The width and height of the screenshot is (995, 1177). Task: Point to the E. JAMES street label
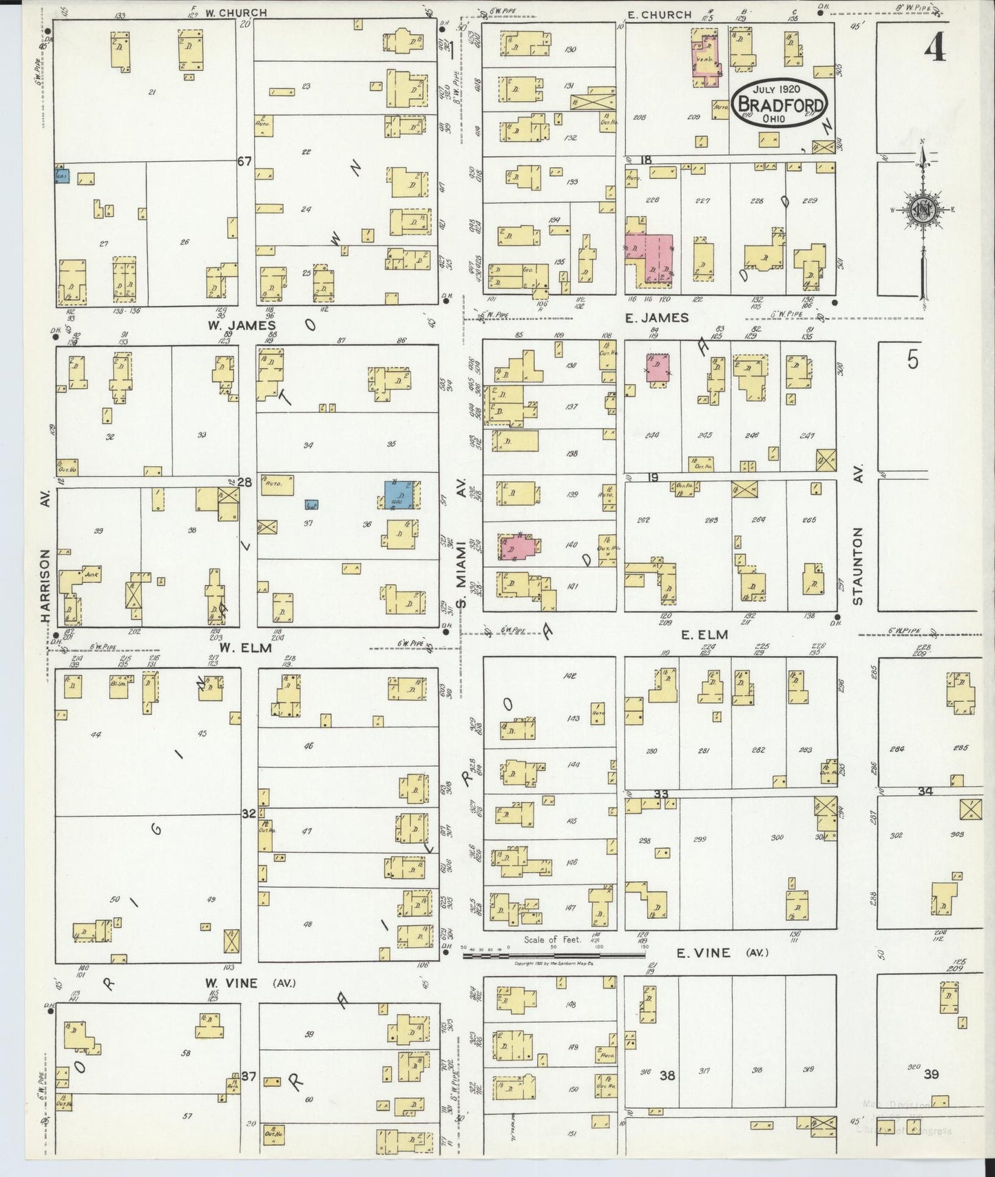pos(656,317)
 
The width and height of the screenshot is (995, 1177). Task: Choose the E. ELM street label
pos(704,635)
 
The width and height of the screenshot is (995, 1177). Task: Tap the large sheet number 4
pos(934,47)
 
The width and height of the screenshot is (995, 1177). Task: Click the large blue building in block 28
pos(399,495)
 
